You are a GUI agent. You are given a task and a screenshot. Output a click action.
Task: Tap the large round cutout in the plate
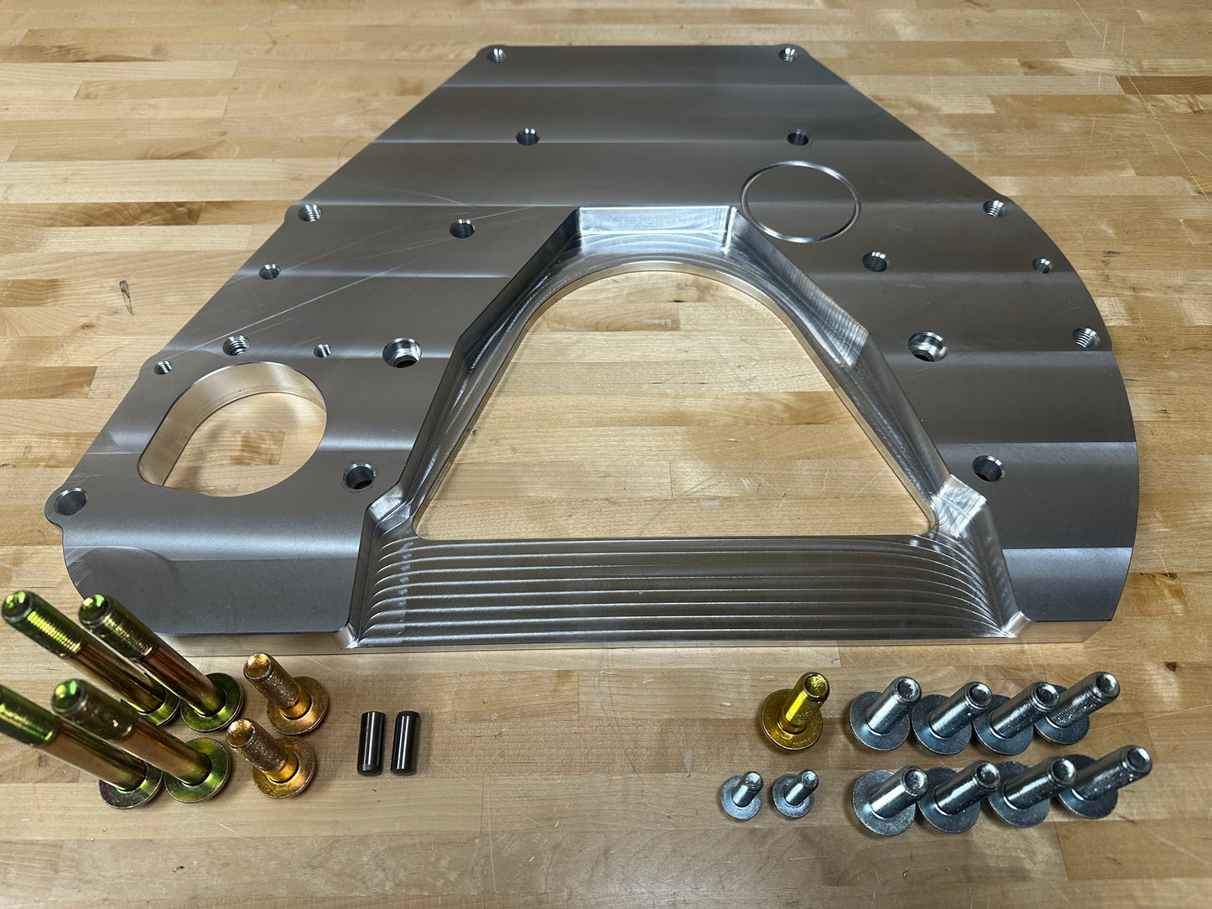click(x=235, y=426)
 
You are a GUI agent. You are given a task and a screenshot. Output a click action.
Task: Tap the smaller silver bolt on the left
click(x=741, y=793)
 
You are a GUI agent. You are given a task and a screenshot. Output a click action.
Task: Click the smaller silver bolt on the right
click(x=793, y=793)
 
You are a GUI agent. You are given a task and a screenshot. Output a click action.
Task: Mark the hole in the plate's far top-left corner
click(x=496, y=55)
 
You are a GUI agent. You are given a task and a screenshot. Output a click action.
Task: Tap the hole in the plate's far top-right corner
click(x=788, y=55)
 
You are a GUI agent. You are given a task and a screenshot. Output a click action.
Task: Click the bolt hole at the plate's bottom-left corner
click(x=70, y=502)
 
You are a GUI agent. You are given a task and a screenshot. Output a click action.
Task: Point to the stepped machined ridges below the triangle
click(x=671, y=587)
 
